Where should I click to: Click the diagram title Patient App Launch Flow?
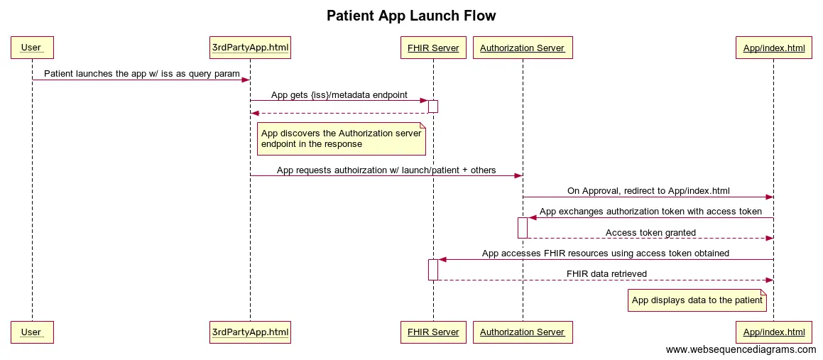411,16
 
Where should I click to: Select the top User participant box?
32,48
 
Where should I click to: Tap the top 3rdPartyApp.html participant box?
250,48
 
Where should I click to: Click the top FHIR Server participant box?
433,48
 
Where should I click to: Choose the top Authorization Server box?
522,48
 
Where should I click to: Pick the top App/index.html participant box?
773,48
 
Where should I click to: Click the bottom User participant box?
32,332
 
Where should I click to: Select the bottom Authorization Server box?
522,332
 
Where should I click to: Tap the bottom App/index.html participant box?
773,332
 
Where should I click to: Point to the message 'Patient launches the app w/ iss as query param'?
141,74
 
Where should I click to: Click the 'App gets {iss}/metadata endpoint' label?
339,94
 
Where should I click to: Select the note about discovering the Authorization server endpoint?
341,138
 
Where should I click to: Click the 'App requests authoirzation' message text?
386,170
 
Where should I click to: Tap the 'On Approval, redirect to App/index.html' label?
648,191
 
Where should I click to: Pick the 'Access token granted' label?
650,233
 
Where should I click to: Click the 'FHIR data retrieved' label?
606,274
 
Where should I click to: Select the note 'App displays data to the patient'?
697,300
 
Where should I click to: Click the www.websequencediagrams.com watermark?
741,350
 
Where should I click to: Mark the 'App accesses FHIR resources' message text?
605,253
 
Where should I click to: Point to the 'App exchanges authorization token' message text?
650,212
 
